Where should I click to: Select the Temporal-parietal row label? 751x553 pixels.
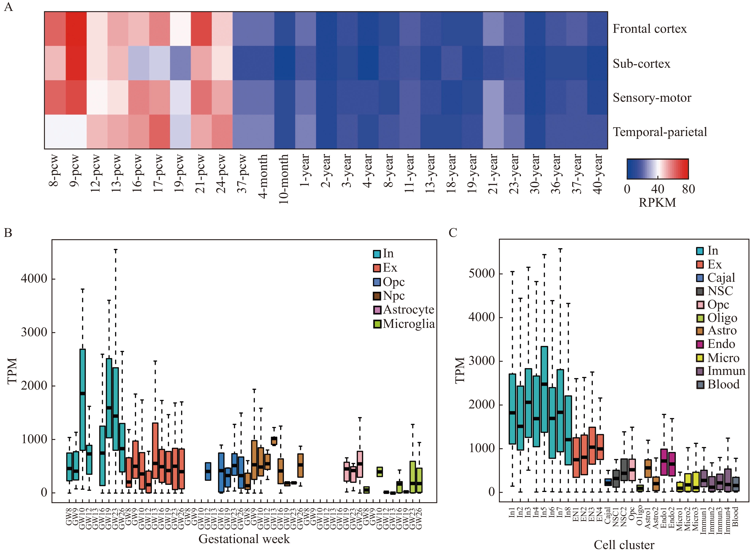(660, 132)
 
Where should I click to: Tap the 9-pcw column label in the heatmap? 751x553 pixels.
(75, 171)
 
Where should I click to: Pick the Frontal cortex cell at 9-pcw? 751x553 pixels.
(76, 29)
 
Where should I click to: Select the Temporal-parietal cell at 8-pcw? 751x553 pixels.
(55, 132)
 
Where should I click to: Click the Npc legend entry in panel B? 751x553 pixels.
(389, 296)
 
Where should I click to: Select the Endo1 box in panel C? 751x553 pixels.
(664, 462)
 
